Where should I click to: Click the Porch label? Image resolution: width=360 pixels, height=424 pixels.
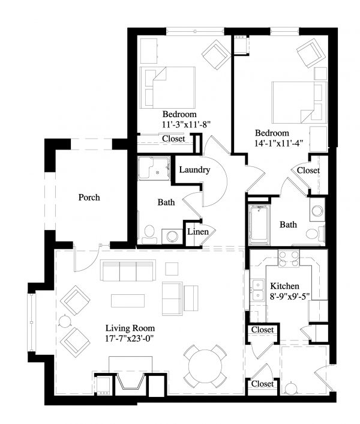[x=89, y=198]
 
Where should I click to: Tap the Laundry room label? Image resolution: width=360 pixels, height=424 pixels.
[x=195, y=170]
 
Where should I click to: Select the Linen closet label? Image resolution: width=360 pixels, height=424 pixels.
[x=198, y=232]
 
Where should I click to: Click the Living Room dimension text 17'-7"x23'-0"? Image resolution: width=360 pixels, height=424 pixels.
[x=130, y=339]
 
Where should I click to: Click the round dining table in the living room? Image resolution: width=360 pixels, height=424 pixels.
[x=205, y=366]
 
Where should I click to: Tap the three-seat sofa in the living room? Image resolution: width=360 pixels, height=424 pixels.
[x=128, y=271]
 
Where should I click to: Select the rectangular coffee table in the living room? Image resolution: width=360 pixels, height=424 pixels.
[x=128, y=301]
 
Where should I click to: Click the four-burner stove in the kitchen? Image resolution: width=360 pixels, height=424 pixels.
[x=289, y=258]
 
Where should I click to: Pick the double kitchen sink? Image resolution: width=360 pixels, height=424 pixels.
[x=259, y=290]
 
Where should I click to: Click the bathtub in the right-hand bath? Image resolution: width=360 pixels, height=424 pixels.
[x=259, y=223]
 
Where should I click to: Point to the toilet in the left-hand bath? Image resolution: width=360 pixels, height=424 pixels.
[x=149, y=234]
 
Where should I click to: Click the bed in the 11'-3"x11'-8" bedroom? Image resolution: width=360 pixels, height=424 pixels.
[x=167, y=88]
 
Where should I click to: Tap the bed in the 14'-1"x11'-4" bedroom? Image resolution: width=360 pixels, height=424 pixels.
[x=299, y=103]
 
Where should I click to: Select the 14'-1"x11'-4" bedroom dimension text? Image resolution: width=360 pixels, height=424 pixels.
[x=279, y=143]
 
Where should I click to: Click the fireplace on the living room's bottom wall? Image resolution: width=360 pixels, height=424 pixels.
[x=130, y=381]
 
